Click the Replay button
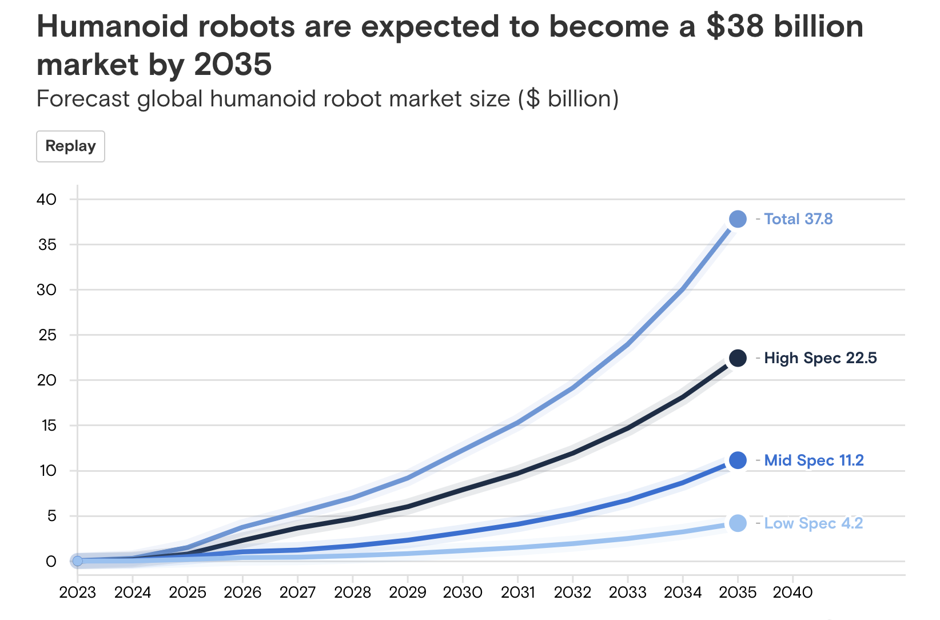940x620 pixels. coord(70,146)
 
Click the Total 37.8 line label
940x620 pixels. coord(798,219)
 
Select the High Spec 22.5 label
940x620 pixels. coord(820,358)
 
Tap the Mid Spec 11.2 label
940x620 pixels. coord(814,460)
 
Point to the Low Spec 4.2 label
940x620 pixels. coord(813,523)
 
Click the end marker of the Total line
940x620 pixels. coord(738,219)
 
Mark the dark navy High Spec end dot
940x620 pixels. coord(738,358)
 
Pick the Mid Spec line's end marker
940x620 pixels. coord(738,460)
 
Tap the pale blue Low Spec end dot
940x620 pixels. coord(738,523)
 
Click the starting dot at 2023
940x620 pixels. coord(77,561)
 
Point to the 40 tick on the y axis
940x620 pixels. coord(46,200)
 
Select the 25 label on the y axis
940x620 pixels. coord(47,335)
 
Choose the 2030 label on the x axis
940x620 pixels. coord(463,593)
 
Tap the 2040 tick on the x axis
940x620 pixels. coord(792,593)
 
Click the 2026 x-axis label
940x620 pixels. coord(242,593)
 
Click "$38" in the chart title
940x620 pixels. coord(735,27)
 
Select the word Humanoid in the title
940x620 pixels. coord(112,27)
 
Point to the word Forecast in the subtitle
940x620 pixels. coord(83,99)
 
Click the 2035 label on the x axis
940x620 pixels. coord(738,593)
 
